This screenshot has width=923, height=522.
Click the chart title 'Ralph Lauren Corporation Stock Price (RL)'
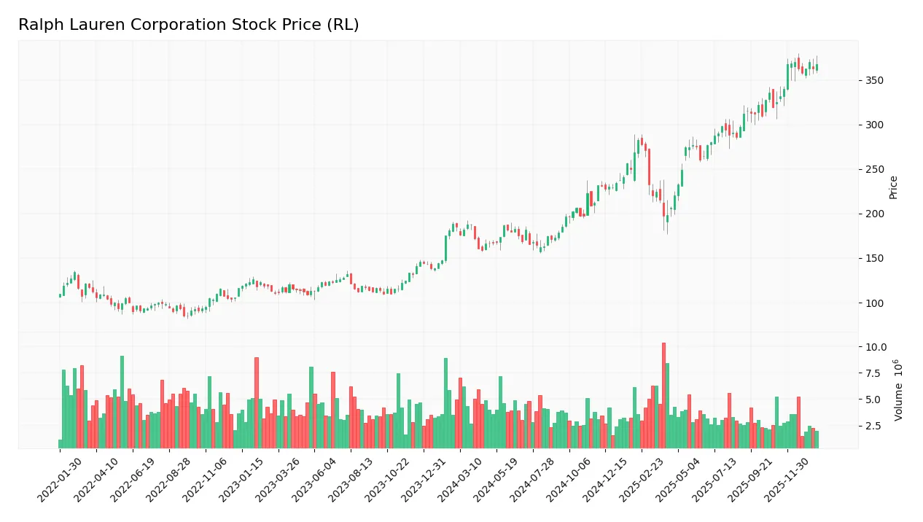point(188,25)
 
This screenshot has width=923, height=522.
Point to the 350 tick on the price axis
point(875,80)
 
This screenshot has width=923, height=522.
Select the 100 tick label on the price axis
point(875,303)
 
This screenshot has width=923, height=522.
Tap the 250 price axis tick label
point(875,170)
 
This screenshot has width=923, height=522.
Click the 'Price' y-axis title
point(894,187)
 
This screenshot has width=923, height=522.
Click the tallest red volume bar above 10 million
point(663,395)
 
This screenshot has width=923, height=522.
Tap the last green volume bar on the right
point(817,440)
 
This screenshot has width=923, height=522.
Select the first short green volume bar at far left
point(60,444)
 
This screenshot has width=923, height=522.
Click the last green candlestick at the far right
point(817,67)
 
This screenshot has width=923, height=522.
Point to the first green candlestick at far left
point(60,295)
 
